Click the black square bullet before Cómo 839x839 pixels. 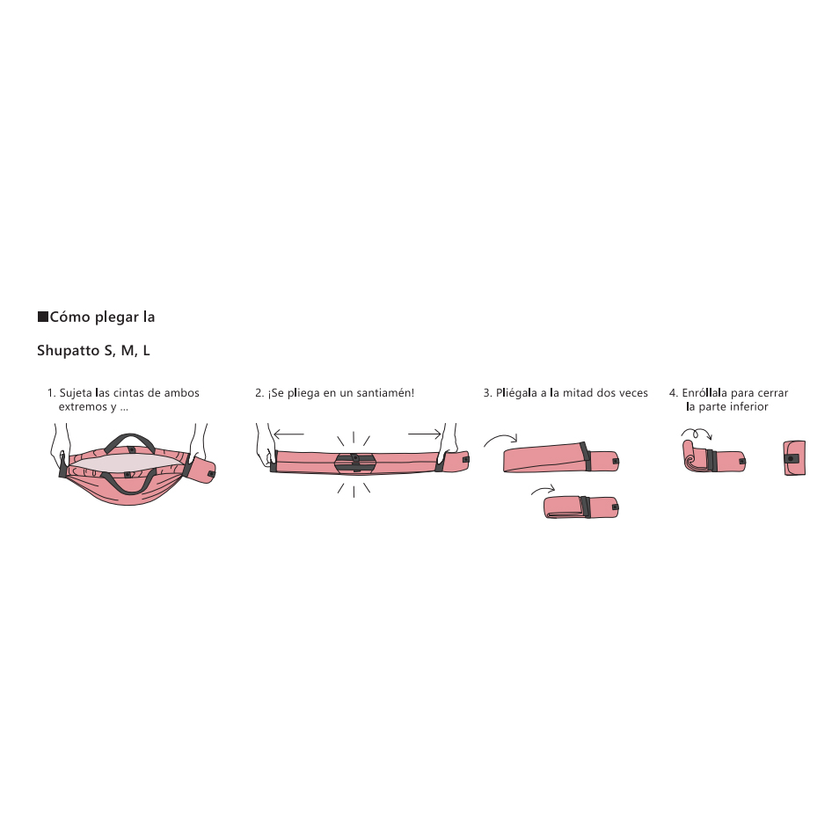point(43,317)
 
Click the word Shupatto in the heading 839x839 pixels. point(69,351)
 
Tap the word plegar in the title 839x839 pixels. point(117,317)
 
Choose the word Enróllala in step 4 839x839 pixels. point(704,393)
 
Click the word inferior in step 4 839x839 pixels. point(749,406)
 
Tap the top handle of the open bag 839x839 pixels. point(130,442)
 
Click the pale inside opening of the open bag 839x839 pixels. point(127,463)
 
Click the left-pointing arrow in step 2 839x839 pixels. point(289,434)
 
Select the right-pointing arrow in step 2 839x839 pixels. point(425,434)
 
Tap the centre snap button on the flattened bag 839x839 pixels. point(354,457)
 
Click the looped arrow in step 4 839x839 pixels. point(697,434)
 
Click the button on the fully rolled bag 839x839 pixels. point(791,458)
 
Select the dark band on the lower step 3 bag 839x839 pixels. point(586,507)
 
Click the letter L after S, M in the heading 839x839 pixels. point(146,351)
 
